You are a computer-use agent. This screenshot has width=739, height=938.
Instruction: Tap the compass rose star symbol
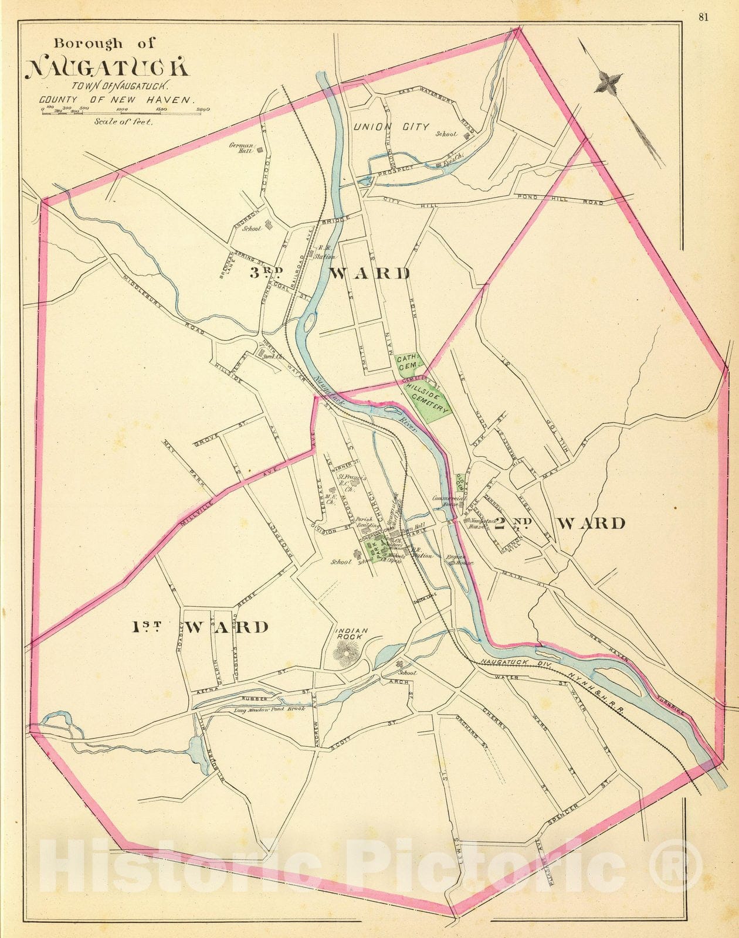[x=608, y=81]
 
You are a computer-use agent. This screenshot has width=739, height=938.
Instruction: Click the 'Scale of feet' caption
[x=122, y=122]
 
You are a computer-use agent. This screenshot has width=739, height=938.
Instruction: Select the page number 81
[x=703, y=17]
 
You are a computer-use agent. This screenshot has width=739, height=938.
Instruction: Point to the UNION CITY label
[x=391, y=127]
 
